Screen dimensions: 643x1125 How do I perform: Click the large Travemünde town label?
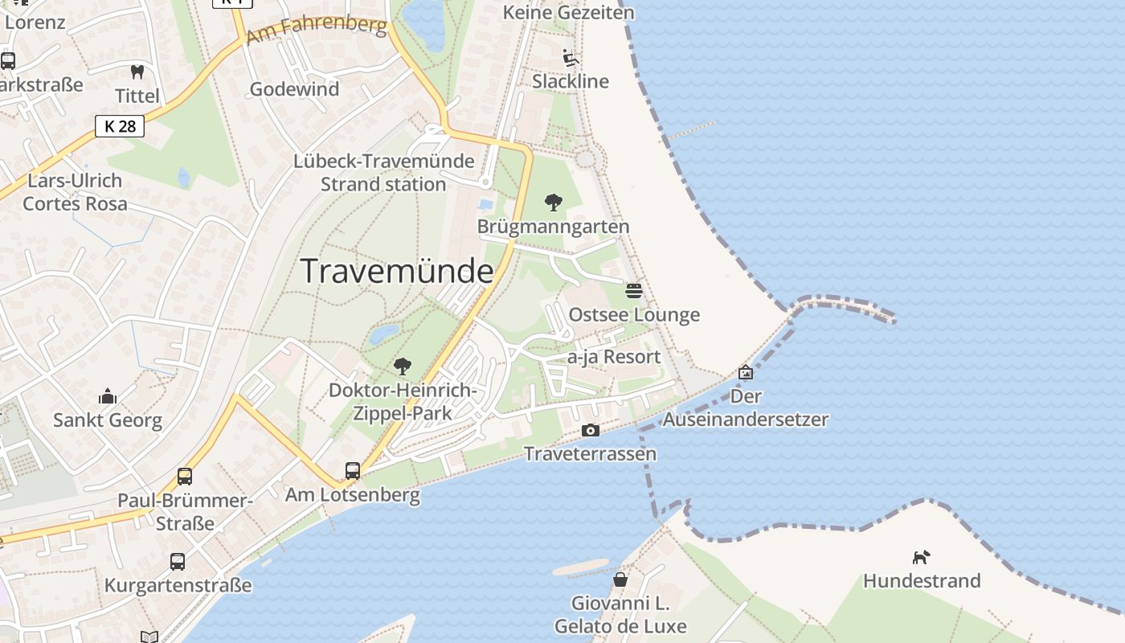pos(397,271)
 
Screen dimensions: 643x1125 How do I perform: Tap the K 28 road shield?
pos(120,126)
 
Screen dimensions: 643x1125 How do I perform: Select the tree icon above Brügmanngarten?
pos(553,203)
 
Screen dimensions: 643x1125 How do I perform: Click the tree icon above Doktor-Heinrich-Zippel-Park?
pos(403,367)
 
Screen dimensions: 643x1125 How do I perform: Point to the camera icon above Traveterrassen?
pos(590,431)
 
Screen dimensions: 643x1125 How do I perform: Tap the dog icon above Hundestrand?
pos(921,556)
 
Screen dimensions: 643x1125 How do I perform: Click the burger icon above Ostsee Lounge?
pos(634,290)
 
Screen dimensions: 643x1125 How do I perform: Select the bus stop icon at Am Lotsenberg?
pos(353,471)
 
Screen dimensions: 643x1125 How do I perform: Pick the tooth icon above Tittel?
pos(137,72)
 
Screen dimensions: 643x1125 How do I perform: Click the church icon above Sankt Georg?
pos(107,396)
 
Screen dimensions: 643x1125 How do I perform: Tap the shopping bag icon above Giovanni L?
pos(620,579)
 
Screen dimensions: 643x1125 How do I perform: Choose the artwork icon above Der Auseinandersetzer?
pos(746,372)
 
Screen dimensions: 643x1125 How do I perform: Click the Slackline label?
pos(571,81)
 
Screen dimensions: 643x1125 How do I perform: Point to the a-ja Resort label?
pos(614,357)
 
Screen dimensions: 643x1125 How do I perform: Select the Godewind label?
pos(294,89)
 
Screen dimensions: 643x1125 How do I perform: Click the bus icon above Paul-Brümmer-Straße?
pos(185,477)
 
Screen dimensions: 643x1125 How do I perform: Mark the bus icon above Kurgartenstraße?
pos(178,561)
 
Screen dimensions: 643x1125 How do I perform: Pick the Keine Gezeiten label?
pos(568,13)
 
